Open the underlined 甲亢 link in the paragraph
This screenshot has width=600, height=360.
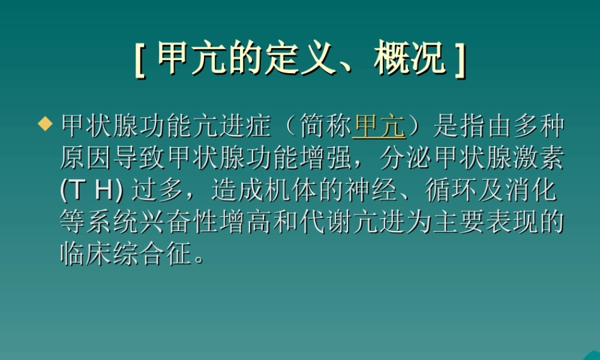click(x=379, y=127)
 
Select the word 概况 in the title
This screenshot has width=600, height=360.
click(x=411, y=59)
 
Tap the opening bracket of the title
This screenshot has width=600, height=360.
click(x=140, y=59)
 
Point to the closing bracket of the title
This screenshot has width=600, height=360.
click(x=460, y=59)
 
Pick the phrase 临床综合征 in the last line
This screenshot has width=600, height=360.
click(x=128, y=255)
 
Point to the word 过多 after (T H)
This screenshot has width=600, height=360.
click(x=157, y=191)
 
